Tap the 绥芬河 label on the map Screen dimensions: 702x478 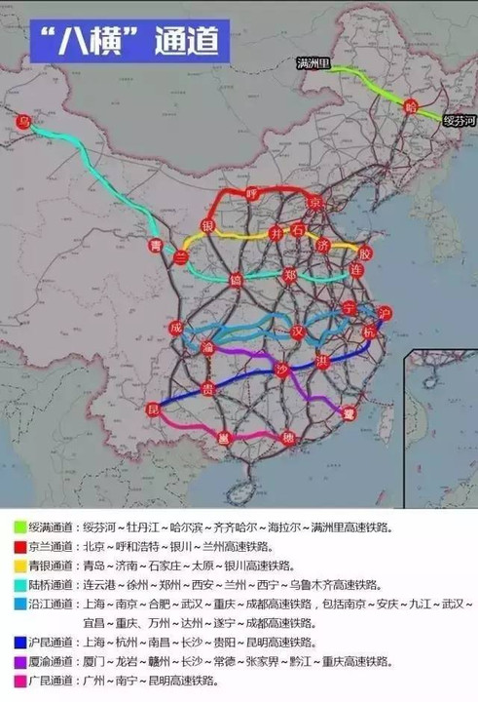(460, 119)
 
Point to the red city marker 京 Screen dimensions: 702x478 (313, 202)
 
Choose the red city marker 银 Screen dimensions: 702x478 (207, 226)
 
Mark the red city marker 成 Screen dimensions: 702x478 (175, 328)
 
